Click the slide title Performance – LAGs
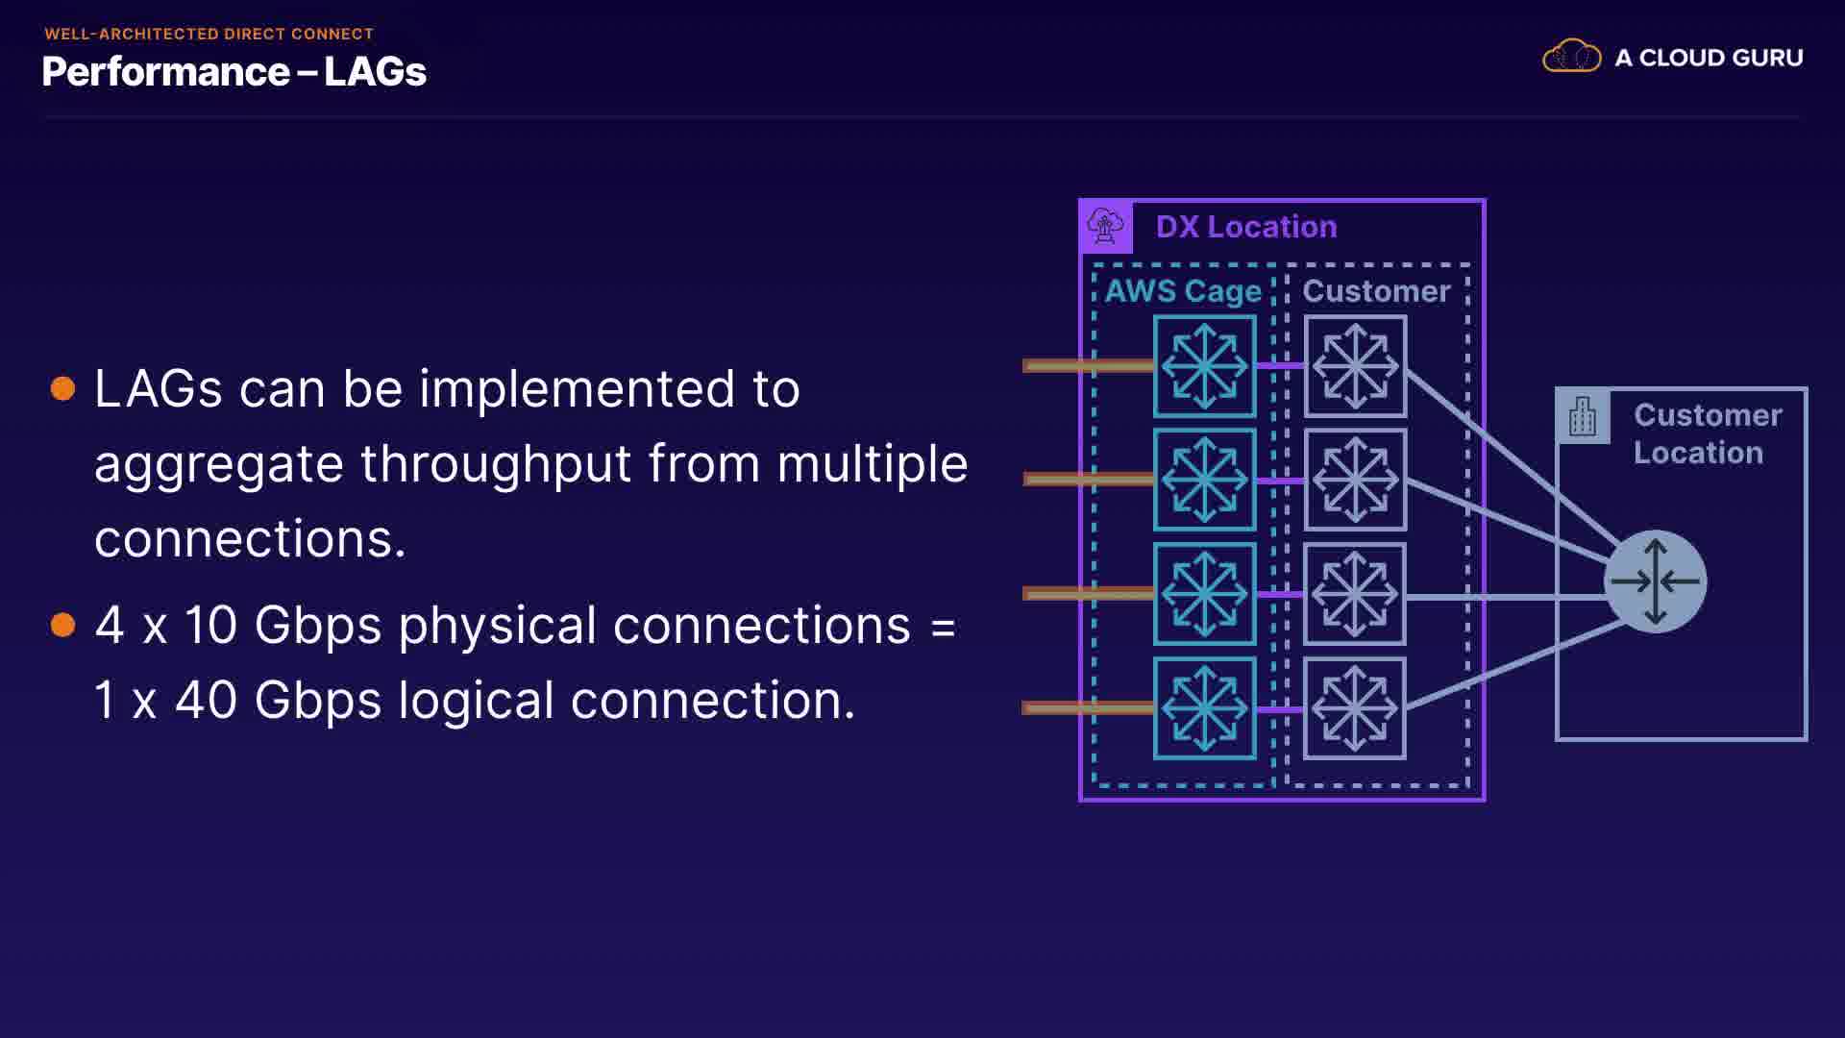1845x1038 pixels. pos(234,72)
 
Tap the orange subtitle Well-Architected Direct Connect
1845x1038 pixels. pos(209,34)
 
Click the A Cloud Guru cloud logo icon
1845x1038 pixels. pos(1571,57)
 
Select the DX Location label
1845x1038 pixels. pos(1245,227)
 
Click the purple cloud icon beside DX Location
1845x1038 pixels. pos(1105,227)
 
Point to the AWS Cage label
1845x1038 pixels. pos(1182,291)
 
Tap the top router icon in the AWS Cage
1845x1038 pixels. pos(1204,366)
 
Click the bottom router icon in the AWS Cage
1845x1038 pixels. pos(1204,709)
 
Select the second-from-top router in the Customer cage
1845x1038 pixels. pos(1355,480)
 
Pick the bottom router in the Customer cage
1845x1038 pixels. pos(1355,709)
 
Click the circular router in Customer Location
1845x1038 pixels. pos(1655,581)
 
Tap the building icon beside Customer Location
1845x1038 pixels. pos(1582,417)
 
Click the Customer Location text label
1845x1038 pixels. pos(1707,433)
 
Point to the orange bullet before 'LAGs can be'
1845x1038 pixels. pos(63,388)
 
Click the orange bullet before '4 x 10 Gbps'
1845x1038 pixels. pos(63,625)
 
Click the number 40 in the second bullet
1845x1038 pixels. pos(206,700)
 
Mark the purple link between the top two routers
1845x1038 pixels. pos(1280,365)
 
